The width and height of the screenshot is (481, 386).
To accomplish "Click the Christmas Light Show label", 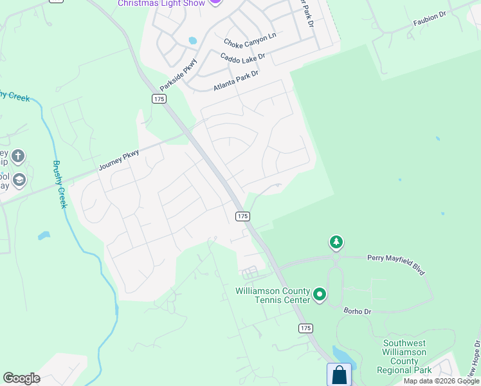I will [161, 3].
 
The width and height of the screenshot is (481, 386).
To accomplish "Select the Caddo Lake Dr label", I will [242, 58].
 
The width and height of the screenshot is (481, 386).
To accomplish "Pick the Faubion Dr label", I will [429, 21].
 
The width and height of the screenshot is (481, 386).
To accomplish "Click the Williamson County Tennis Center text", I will [273, 295].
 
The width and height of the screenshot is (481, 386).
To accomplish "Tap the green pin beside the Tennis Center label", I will [320, 296].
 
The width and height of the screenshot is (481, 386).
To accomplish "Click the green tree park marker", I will [336, 243].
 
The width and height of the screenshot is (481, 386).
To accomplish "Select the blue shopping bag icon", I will [339, 374].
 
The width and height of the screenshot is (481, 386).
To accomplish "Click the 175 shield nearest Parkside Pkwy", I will [159, 98].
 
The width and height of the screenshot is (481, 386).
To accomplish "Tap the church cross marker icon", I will [18, 156].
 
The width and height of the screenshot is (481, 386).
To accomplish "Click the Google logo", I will [21, 378].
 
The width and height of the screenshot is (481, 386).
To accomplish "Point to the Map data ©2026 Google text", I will [440, 381].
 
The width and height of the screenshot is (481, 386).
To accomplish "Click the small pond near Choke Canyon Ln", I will [192, 41].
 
